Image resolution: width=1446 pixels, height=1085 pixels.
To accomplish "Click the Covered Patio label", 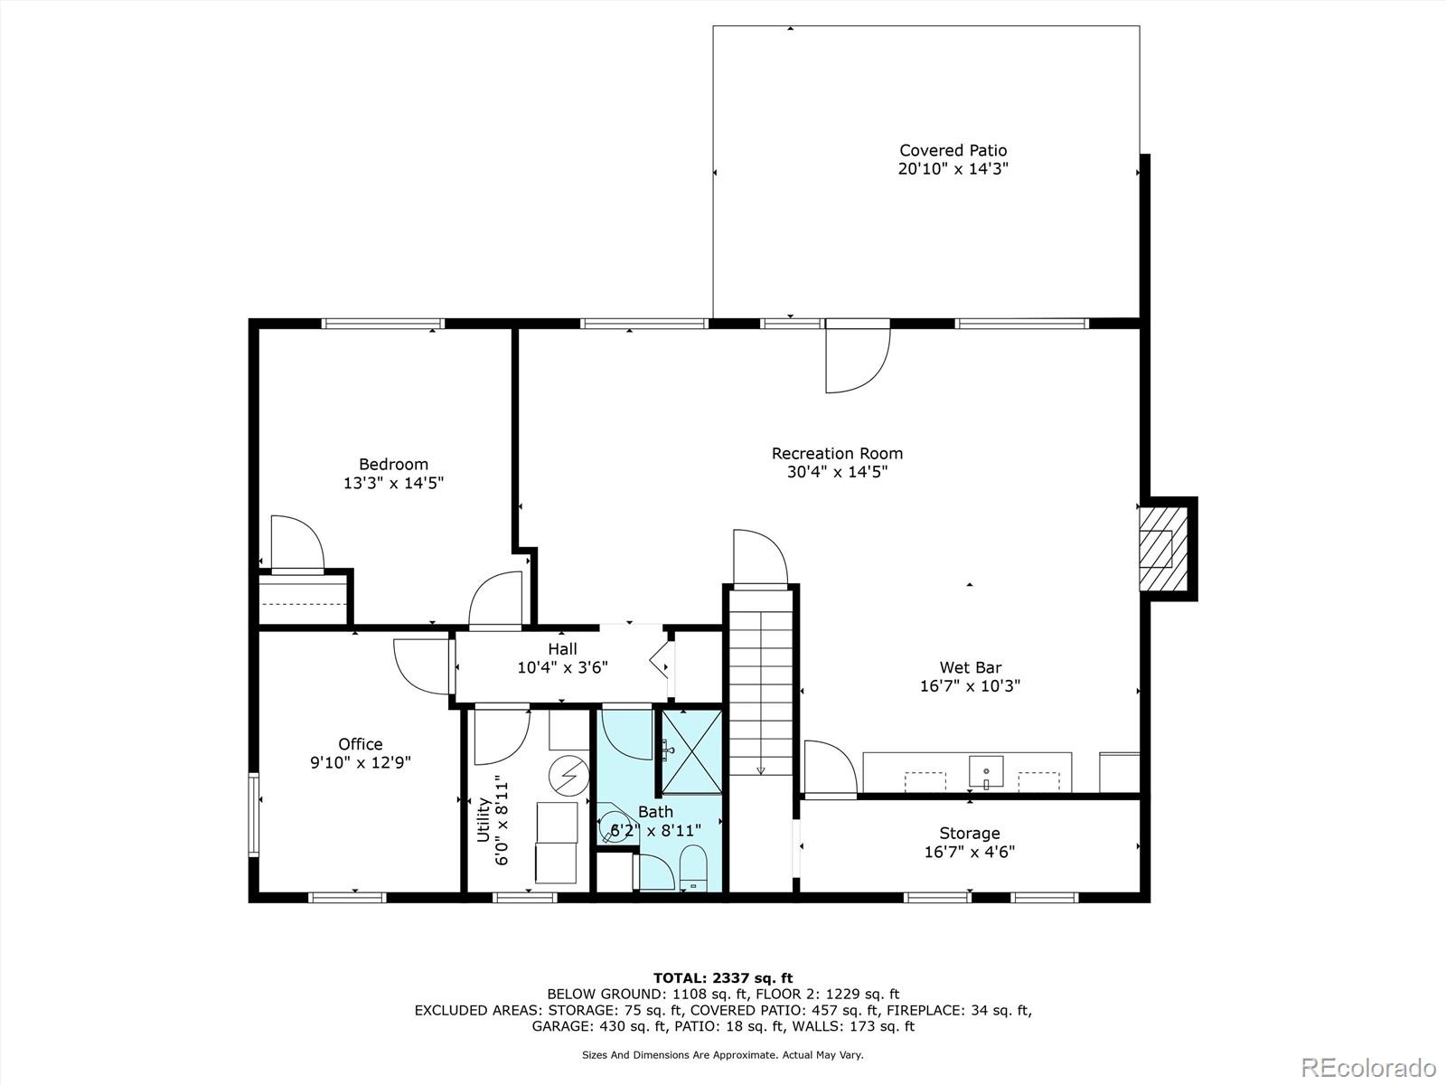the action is tap(953, 150).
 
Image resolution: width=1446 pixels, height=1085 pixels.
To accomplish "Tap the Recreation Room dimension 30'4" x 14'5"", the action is tap(837, 472).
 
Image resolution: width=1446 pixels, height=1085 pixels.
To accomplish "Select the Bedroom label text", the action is tap(393, 464).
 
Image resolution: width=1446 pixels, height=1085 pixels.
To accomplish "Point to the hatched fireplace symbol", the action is tap(1164, 549).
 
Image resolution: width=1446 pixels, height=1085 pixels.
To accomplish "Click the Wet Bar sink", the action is tap(986, 771).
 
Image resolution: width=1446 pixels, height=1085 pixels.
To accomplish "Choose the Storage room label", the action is tap(970, 834).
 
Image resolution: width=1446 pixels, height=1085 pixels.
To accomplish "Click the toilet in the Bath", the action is tap(693, 868).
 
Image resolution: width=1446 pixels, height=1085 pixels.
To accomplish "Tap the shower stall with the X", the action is tap(691, 751).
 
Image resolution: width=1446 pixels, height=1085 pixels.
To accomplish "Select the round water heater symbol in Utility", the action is tap(568, 775).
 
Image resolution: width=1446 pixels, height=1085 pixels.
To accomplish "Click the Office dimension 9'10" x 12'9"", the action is tap(361, 762).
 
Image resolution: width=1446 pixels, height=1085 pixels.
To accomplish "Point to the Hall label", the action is tap(562, 649).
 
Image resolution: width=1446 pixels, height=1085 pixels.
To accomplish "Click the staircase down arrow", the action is tap(761, 770).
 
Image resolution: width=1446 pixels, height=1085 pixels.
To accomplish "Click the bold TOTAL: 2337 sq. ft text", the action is tap(723, 978).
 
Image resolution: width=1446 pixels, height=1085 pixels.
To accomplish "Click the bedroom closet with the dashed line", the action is tap(303, 599).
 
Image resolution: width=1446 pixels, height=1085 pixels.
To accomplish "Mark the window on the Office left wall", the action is tap(254, 815).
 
